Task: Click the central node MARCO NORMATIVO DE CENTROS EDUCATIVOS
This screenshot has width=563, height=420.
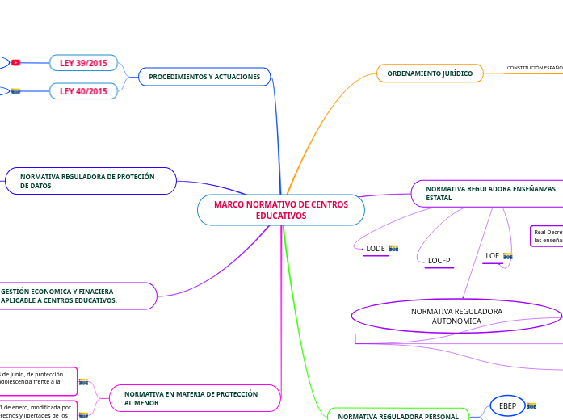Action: coord(280,210)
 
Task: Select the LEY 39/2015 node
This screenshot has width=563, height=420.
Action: coord(84,63)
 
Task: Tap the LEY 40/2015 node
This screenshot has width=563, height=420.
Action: coord(84,91)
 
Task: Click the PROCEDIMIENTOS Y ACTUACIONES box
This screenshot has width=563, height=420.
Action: coord(204,77)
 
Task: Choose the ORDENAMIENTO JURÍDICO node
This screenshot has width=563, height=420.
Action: coord(430,73)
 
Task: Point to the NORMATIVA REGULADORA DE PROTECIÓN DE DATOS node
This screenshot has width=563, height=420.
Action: coord(90,181)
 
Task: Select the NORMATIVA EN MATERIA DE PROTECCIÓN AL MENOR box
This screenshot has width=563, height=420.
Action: coord(194,397)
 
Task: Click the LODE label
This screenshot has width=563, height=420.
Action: coord(376,249)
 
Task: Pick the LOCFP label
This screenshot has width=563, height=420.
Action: coord(439,261)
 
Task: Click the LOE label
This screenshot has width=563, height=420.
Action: coord(492,256)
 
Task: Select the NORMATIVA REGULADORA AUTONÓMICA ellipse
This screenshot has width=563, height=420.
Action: coord(456,316)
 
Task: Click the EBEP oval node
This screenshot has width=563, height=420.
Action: coord(507,405)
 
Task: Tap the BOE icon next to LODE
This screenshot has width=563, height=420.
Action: coord(394,249)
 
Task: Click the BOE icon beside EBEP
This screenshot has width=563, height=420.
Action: coord(531,405)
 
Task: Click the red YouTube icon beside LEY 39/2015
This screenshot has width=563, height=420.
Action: coord(15,63)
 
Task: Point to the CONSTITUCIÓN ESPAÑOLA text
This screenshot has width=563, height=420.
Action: coord(534,68)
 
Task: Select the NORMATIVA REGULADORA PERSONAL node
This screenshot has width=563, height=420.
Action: coord(397,416)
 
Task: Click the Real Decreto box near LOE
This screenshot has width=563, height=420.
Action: coord(547,236)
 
